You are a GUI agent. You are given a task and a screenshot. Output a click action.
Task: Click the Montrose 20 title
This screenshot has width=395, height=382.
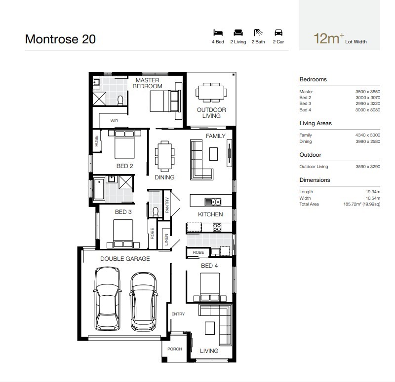pos(60,39)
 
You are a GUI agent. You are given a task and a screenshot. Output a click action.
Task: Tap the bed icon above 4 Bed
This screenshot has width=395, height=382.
pos(218,33)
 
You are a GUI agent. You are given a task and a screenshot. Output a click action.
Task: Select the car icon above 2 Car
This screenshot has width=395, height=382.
pos(278,33)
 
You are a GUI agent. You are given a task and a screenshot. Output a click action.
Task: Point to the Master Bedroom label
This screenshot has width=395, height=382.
pos(147,83)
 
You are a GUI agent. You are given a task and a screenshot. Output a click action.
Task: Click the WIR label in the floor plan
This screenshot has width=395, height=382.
pos(114,121)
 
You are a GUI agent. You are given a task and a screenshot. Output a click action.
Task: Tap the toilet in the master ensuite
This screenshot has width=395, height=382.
pos(120,101)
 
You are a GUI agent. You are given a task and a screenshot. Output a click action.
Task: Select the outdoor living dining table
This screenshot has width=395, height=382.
pos(211,93)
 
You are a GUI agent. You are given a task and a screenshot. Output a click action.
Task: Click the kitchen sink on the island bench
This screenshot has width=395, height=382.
pos(213,202)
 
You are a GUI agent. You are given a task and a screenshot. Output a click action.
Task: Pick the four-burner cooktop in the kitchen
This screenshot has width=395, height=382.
pos(217,227)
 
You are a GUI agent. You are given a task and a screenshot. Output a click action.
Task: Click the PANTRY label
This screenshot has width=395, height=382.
pos(167,205)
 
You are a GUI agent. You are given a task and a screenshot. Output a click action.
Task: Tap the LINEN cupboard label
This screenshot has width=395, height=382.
pos(166,240)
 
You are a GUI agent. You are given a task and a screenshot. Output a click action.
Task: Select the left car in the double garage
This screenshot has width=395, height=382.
pos(107,299)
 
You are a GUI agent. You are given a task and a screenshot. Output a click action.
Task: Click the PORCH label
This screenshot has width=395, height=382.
pos(175,349)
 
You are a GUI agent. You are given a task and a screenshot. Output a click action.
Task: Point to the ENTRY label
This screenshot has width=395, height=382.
pos(178,314)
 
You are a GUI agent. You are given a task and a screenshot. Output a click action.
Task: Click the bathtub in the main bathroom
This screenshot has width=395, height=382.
pos(99,189)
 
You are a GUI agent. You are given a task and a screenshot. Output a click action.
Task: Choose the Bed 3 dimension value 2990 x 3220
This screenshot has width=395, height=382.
pos(368,104)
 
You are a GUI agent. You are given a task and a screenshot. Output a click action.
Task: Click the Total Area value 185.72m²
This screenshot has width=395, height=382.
pos(362,204)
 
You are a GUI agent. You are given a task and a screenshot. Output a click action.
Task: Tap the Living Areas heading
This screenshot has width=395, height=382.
pos(316,123)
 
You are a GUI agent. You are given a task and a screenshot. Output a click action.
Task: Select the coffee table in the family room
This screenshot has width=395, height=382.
pos(213,154)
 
